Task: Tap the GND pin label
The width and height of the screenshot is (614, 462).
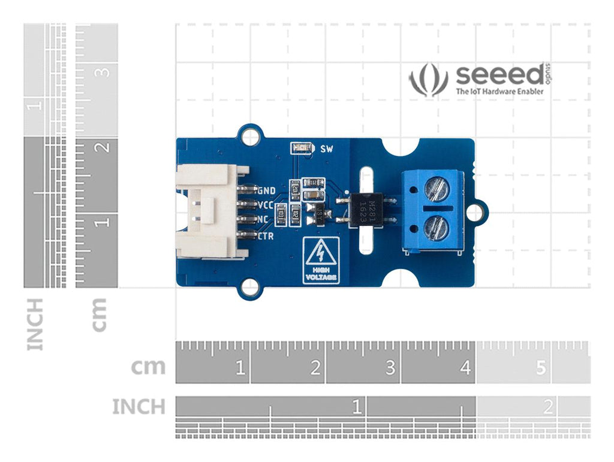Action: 266,191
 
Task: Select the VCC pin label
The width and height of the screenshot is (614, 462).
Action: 266,206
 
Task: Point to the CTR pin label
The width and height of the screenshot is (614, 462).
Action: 266,236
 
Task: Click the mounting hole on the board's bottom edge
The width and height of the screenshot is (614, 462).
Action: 251,289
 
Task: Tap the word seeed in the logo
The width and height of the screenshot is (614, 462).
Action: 499,76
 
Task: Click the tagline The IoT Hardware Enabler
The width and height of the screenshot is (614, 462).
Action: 500,92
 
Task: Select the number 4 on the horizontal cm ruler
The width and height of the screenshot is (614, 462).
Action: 466,368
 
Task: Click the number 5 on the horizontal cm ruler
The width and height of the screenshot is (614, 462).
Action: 541,368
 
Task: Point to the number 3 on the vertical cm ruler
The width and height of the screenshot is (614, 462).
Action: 104,72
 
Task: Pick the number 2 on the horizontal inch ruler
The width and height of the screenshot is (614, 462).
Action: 547,408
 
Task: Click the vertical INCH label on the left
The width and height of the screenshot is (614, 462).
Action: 36,324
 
